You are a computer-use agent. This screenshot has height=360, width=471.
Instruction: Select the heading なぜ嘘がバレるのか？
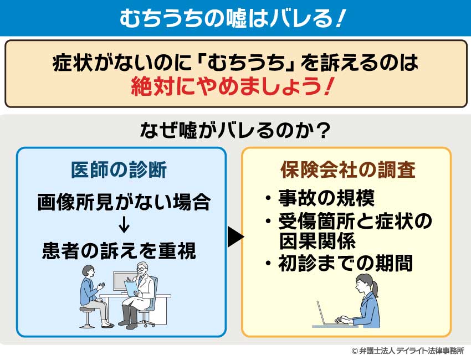235,131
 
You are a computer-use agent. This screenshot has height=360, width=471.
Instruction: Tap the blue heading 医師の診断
119,171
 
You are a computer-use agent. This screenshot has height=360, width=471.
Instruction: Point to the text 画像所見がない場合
124,202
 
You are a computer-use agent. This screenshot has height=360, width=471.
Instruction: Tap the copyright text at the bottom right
407,351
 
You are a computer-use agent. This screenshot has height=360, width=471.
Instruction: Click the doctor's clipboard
131,287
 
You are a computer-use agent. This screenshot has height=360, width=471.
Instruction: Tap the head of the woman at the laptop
366,286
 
